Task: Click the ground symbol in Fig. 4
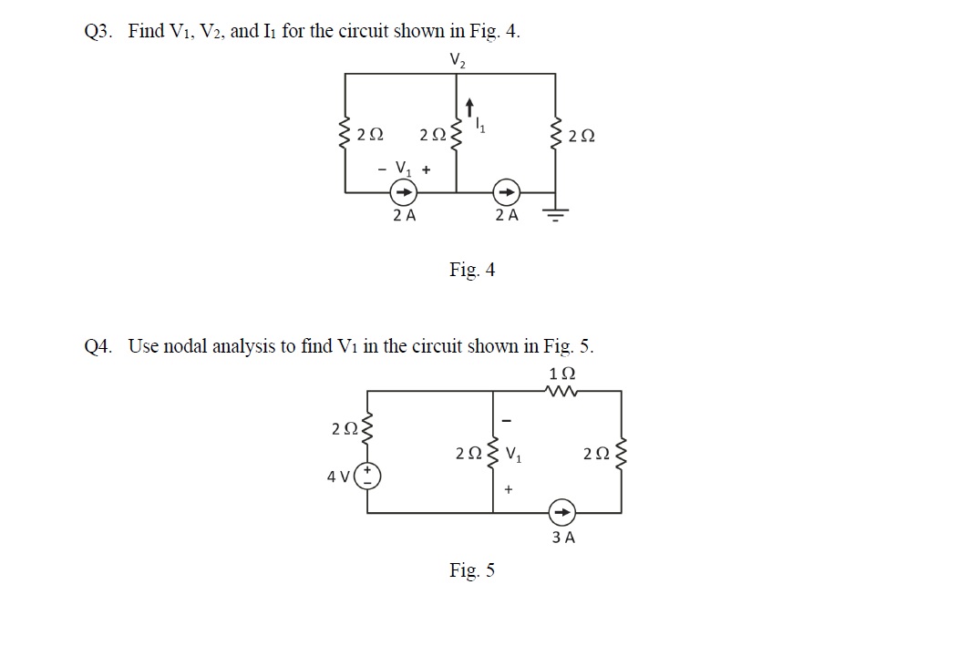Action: point(555,213)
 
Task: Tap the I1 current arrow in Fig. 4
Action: point(469,108)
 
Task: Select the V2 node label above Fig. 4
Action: point(458,60)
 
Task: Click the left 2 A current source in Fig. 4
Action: point(403,192)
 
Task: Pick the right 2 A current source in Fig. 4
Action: point(506,192)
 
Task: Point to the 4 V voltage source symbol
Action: point(370,476)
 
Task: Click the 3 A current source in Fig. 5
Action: point(562,512)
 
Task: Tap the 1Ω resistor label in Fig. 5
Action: point(562,374)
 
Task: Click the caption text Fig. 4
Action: point(472,270)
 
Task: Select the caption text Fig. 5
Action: point(472,570)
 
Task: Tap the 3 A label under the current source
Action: point(563,538)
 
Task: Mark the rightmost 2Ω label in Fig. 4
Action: point(581,137)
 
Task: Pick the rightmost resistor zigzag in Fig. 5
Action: point(623,453)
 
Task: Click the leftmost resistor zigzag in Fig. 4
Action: point(345,135)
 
